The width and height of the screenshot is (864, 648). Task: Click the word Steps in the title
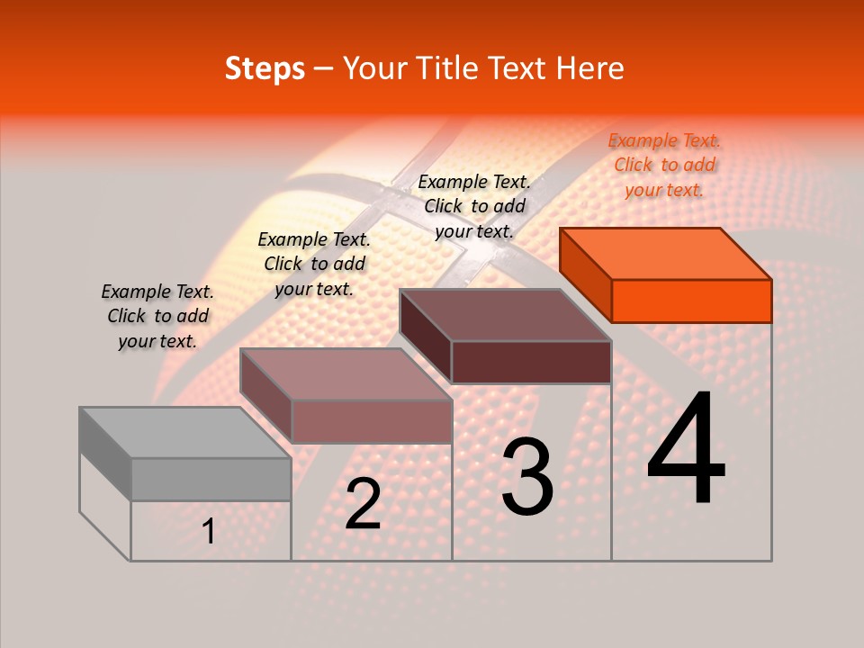(x=265, y=68)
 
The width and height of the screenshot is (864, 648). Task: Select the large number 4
(x=686, y=450)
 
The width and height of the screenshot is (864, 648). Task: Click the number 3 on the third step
(x=527, y=477)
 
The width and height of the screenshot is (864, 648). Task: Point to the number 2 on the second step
(x=363, y=504)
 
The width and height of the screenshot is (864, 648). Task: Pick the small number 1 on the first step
(x=209, y=531)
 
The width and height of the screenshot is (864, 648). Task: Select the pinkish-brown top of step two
(x=346, y=373)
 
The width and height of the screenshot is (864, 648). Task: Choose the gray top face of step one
(x=185, y=432)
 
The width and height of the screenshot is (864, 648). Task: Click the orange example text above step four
(x=664, y=165)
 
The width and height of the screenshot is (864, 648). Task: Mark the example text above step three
(x=474, y=206)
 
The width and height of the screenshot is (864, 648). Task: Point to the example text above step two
(x=314, y=264)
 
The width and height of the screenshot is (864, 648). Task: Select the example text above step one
(x=157, y=316)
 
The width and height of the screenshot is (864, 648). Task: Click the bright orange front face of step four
(x=691, y=301)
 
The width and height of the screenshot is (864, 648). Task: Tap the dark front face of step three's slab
(x=531, y=362)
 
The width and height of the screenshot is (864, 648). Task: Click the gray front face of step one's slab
(x=211, y=479)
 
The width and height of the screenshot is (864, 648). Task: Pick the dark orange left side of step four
(x=586, y=274)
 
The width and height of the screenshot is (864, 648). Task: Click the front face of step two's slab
(x=371, y=421)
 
